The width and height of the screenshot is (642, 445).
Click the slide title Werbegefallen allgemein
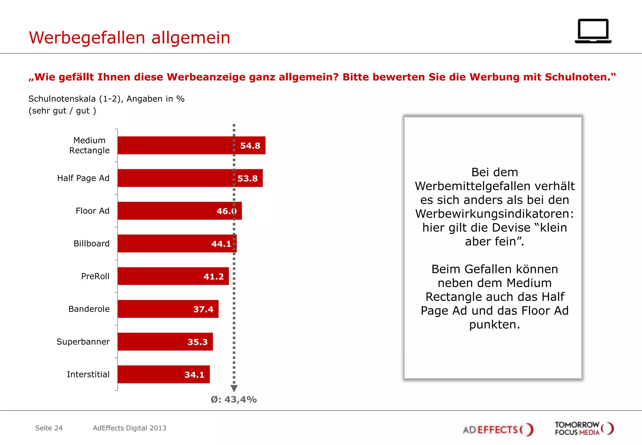(129, 38)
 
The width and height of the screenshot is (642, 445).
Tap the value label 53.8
(247, 178)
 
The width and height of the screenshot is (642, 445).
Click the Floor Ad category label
(92, 211)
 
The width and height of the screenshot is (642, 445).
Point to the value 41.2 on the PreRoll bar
(213, 276)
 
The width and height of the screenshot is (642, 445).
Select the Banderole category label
(89, 309)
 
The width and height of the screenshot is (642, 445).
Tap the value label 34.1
(194, 375)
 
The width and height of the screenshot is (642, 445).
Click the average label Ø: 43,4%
(234, 399)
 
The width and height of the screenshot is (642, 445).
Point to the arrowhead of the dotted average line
(234, 389)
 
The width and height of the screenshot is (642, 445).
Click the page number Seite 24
(49, 428)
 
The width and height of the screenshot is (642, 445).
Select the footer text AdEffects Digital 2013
(129, 428)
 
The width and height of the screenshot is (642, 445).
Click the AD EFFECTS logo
(498, 429)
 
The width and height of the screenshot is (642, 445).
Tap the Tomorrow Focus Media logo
(584, 428)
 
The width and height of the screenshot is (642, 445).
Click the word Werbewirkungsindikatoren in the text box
(494, 214)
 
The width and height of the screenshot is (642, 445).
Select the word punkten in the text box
(494, 324)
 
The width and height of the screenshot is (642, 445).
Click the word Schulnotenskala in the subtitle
(62, 99)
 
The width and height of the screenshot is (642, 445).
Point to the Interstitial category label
(88, 374)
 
